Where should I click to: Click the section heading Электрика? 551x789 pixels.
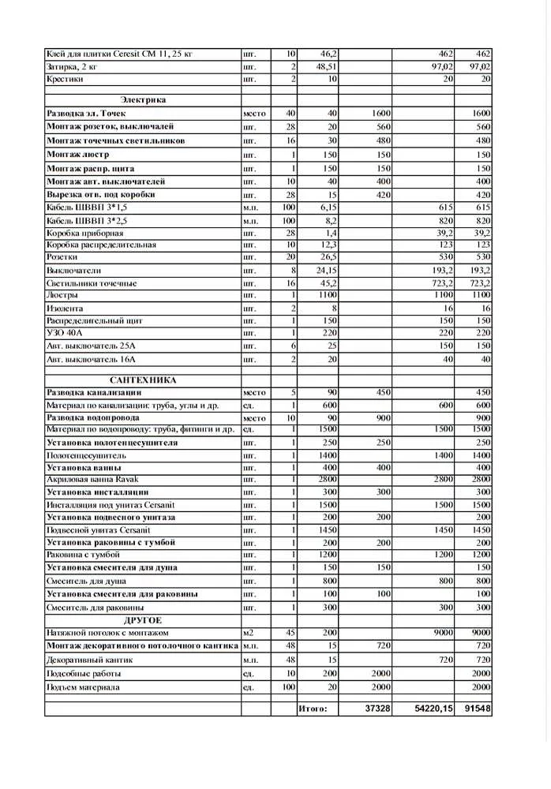143,100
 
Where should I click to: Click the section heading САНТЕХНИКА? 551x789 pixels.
143,380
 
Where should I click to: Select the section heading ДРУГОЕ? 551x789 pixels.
143,620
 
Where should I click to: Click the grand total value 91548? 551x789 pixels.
477,709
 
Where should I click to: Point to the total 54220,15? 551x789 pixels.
433,709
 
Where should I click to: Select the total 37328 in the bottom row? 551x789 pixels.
378,709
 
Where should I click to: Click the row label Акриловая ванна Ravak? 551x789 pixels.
93,480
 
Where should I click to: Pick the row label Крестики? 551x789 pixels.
66,80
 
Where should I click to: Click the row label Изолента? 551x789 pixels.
65,308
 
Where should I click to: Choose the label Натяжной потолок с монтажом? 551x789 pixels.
107,633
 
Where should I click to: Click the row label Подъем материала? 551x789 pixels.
83,687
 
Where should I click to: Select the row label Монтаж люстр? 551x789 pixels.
78,155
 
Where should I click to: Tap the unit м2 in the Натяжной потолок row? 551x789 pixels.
249,633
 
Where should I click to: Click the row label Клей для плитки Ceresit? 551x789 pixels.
119,54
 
